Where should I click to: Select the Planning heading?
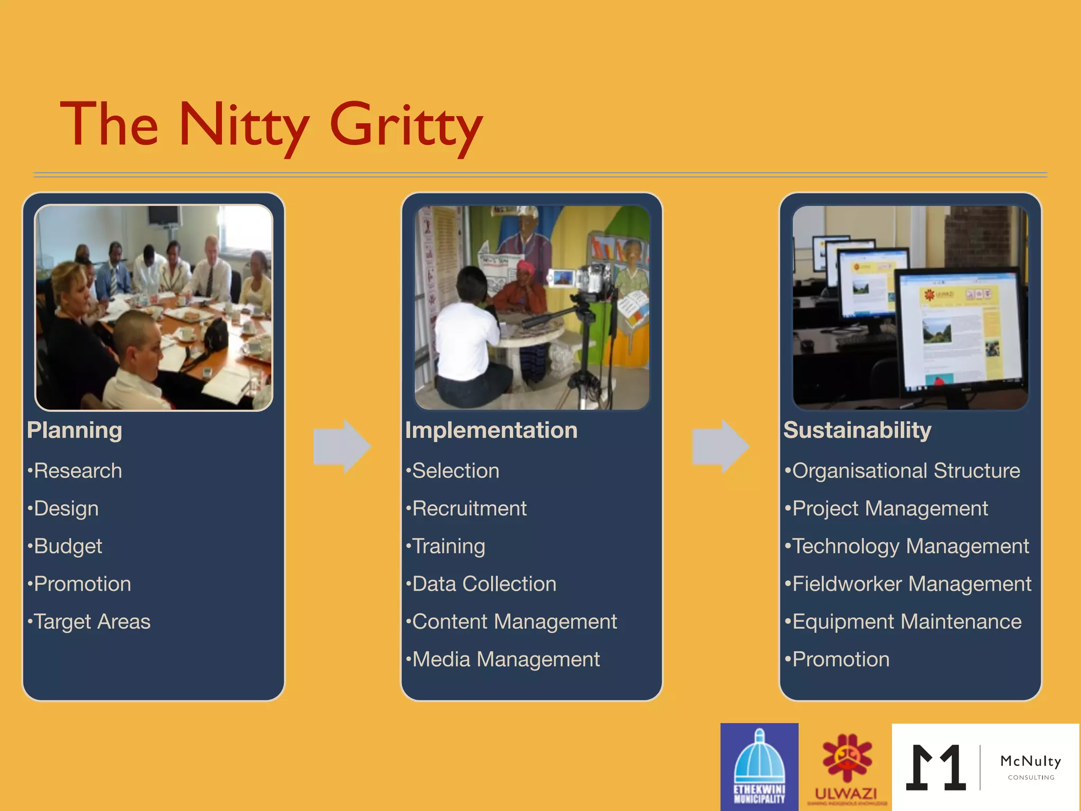[74, 430]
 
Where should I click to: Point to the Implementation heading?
[491, 430]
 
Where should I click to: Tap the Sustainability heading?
[857, 430]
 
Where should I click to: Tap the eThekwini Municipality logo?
[759, 767]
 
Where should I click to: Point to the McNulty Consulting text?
[1030, 766]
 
